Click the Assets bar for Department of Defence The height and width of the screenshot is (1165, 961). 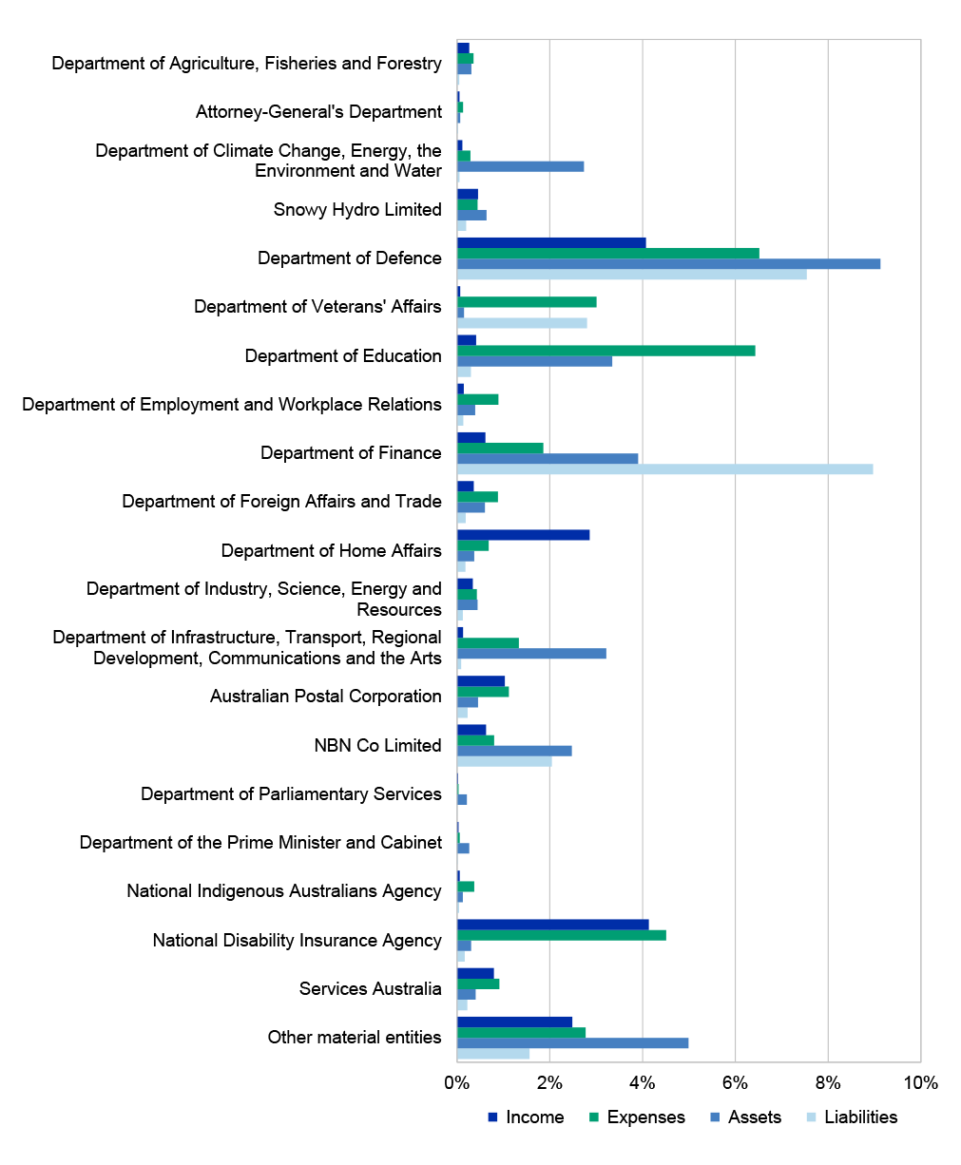668,264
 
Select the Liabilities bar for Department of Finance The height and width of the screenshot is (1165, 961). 664,469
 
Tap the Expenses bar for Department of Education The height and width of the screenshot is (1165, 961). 606,351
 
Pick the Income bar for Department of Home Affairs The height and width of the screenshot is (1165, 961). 523,535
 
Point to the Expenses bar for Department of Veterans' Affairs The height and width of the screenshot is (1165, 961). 527,302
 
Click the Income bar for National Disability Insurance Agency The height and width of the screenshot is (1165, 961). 552,925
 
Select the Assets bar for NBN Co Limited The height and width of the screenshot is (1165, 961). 514,751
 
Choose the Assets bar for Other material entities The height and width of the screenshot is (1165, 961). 572,1042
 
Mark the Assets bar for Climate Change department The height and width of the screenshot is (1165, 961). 520,166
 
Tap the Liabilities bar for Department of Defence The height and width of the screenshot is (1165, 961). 632,275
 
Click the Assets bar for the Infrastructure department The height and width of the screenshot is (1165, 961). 531,654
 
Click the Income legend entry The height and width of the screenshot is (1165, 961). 526,1117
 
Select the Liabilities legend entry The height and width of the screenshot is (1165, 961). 852,1117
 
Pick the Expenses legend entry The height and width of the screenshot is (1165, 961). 637,1117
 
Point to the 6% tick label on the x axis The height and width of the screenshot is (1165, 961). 735,1083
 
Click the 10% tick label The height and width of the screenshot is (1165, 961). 921,1083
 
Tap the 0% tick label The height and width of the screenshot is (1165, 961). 457,1083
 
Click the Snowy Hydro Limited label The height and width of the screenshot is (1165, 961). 357,210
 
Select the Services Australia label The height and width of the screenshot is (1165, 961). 370,988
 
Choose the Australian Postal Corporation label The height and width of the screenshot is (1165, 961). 326,697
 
